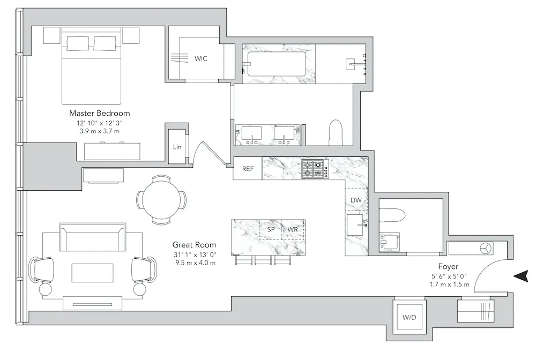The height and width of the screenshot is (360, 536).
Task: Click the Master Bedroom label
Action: (x=99, y=114)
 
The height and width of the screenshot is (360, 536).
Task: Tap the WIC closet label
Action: (x=201, y=58)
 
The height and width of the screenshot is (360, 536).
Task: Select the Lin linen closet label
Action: (x=177, y=147)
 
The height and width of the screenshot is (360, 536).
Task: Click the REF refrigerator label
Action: (x=248, y=169)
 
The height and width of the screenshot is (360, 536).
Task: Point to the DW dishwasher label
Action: (x=356, y=200)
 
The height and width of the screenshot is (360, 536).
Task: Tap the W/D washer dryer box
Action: (x=409, y=317)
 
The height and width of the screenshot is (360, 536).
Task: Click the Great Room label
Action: (x=194, y=245)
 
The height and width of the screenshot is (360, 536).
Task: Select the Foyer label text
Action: (x=448, y=266)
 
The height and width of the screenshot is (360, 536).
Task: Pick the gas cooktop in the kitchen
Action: (x=315, y=169)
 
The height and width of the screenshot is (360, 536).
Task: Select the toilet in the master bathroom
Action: (x=336, y=132)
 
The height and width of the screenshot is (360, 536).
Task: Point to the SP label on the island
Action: (x=271, y=229)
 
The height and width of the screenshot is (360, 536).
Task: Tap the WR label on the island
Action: (x=293, y=229)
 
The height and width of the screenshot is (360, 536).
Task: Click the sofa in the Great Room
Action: (x=92, y=238)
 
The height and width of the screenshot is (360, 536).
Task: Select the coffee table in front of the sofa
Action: (x=93, y=273)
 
